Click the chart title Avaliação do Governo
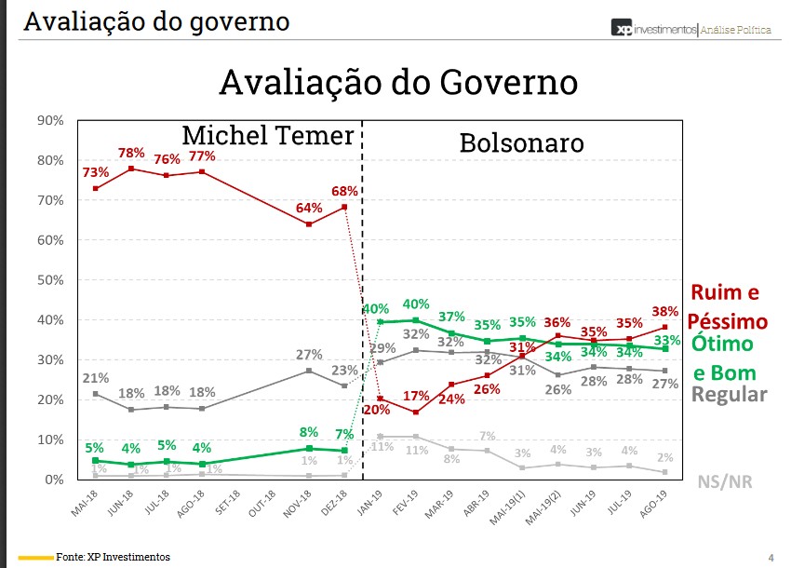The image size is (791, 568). (x=398, y=82)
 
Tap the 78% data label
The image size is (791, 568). (x=130, y=154)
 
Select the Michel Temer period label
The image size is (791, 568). (x=268, y=135)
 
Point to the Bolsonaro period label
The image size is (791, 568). (x=521, y=143)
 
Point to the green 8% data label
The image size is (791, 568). (x=309, y=431)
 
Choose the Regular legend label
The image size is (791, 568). (x=730, y=394)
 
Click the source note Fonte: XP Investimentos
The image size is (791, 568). (x=113, y=557)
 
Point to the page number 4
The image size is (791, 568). (x=771, y=557)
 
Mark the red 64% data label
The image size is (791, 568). (x=309, y=208)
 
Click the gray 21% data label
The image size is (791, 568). (x=95, y=378)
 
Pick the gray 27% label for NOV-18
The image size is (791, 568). (x=309, y=355)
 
